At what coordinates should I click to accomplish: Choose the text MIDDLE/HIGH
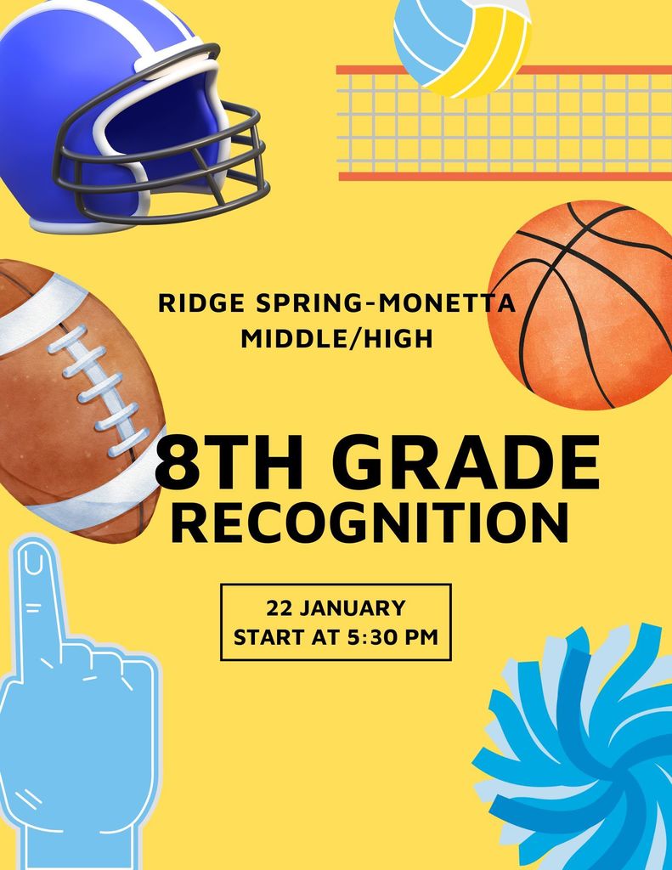[x=337, y=339]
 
